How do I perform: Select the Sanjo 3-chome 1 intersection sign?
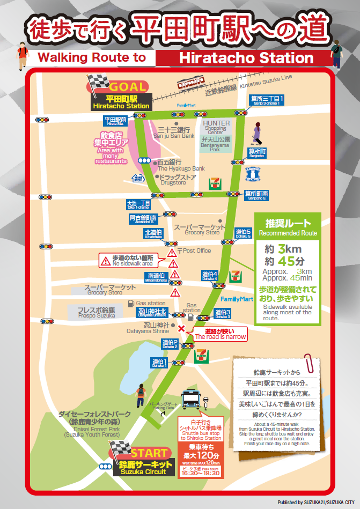(x=267, y=99)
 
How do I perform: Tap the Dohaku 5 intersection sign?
(x=243, y=233)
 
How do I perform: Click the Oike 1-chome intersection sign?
(x=138, y=204)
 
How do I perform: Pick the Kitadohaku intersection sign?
(x=153, y=233)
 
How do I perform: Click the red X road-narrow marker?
(x=181, y=328)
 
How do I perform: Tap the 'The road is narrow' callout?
(x=220, y=334)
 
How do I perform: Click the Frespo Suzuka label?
(x=96, y=313)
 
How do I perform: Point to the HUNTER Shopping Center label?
(x=216, y=126)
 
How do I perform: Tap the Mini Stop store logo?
(x=137, y=178)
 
